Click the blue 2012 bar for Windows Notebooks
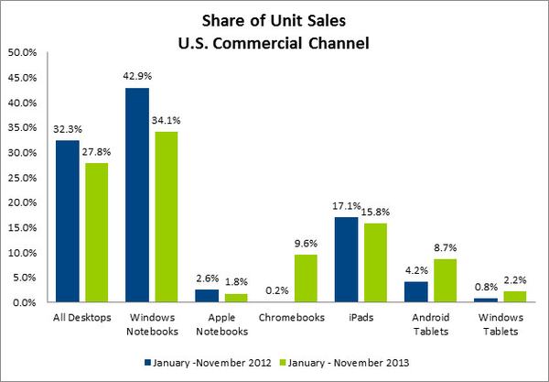(136, 195)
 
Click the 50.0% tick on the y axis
(21, 53)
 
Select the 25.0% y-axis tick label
(21, 178)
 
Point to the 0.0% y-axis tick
(24, 302)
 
